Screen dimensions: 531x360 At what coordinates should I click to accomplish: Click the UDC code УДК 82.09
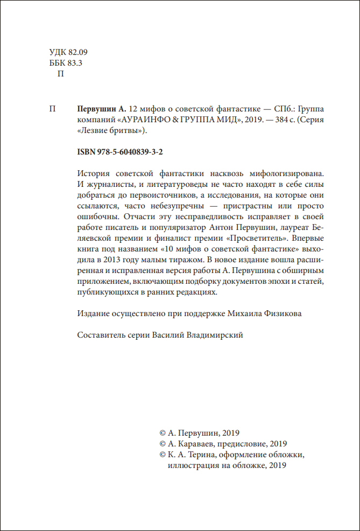click(67, 52)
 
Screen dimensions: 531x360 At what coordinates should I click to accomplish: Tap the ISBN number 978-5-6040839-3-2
click(120, 152)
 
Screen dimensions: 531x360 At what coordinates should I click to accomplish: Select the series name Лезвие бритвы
click(112, 130)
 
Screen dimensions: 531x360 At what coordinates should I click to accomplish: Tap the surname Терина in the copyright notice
click(201, 455)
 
